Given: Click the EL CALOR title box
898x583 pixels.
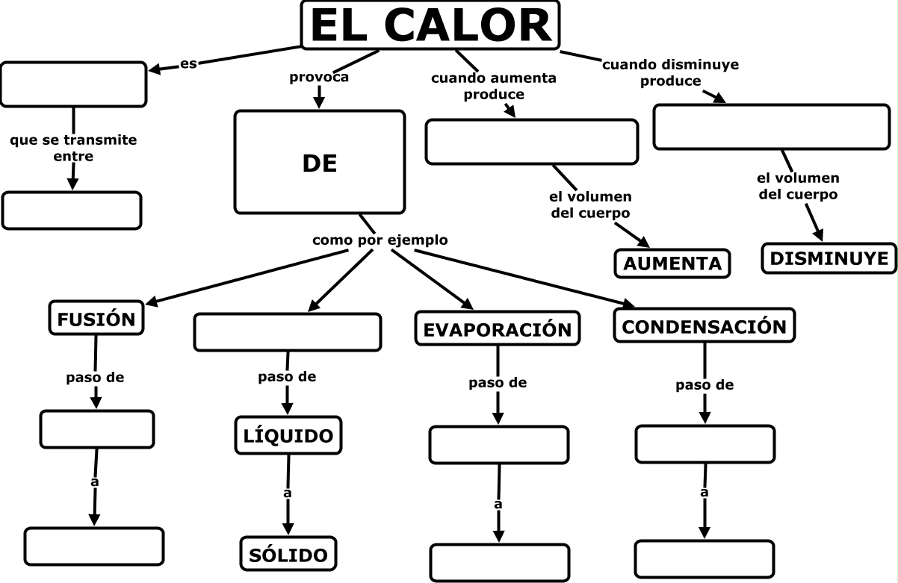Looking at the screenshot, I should (430, 25).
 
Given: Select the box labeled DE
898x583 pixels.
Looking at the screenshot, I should (320, 163).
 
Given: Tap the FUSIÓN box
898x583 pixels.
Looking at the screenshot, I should (96, 319).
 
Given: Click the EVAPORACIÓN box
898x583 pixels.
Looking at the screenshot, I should (498, 329).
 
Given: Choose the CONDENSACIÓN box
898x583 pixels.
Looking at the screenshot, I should (704, 326).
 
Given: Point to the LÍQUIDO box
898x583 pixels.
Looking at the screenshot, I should (288, 435).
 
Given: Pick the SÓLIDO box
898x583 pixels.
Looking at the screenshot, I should (288, 555).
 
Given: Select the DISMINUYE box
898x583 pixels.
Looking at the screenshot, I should (830, 258).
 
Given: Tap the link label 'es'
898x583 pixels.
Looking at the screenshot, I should (188, 63).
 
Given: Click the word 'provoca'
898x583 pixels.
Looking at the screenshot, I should (319, 76).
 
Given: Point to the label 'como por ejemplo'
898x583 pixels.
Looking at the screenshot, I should (380, 240).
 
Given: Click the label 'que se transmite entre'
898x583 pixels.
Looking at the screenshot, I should (73, 148).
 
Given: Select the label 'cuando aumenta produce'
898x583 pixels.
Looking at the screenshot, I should (494, 86).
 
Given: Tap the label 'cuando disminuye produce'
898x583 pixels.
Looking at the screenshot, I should (670, 72).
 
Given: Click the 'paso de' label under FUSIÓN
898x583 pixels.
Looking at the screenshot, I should (95, 377).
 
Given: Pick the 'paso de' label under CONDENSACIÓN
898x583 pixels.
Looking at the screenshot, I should (705, 385).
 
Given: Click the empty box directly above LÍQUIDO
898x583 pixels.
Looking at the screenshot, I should (288, 332).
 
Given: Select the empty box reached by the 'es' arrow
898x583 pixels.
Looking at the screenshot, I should (73, 84).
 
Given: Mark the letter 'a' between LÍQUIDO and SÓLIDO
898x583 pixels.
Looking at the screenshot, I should (287, 493).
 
